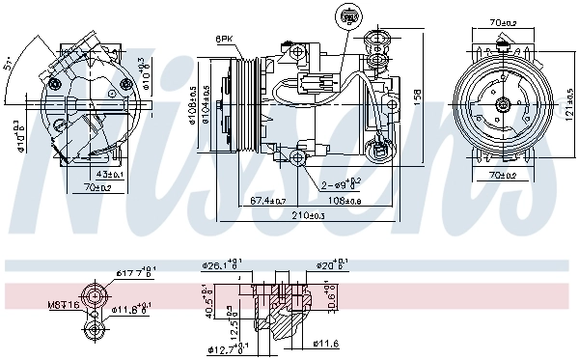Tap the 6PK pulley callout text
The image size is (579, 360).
[x=224, y=38]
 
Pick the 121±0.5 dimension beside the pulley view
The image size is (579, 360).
[x=569, y=102]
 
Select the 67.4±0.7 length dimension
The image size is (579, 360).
[x=267, y=200]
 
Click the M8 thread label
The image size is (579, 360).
[x=63, y=305]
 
